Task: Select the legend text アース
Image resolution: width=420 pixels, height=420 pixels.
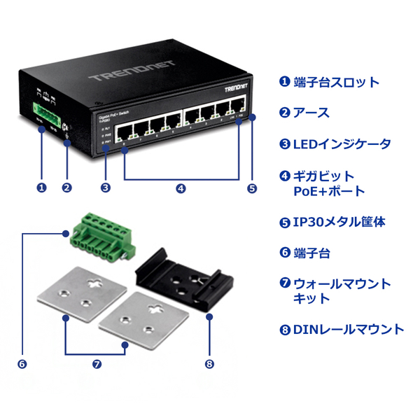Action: click(311, 113)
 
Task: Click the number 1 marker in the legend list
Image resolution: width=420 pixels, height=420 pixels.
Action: click(284, 82)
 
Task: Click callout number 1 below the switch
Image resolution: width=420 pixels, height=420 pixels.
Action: click(41, 188)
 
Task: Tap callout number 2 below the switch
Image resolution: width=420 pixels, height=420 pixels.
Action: click(66, 188)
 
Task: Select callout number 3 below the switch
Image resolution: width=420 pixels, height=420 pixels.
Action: click(105, 188)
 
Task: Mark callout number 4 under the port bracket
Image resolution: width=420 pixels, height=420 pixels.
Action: click(181, 188)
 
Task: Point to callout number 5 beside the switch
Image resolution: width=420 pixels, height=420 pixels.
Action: click(252, 188)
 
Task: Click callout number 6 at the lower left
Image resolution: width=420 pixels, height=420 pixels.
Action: click(22, 364)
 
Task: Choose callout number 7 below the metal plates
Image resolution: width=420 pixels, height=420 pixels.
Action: click(97, 364)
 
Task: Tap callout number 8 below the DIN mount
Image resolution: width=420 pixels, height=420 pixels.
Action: click(209, 364)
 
